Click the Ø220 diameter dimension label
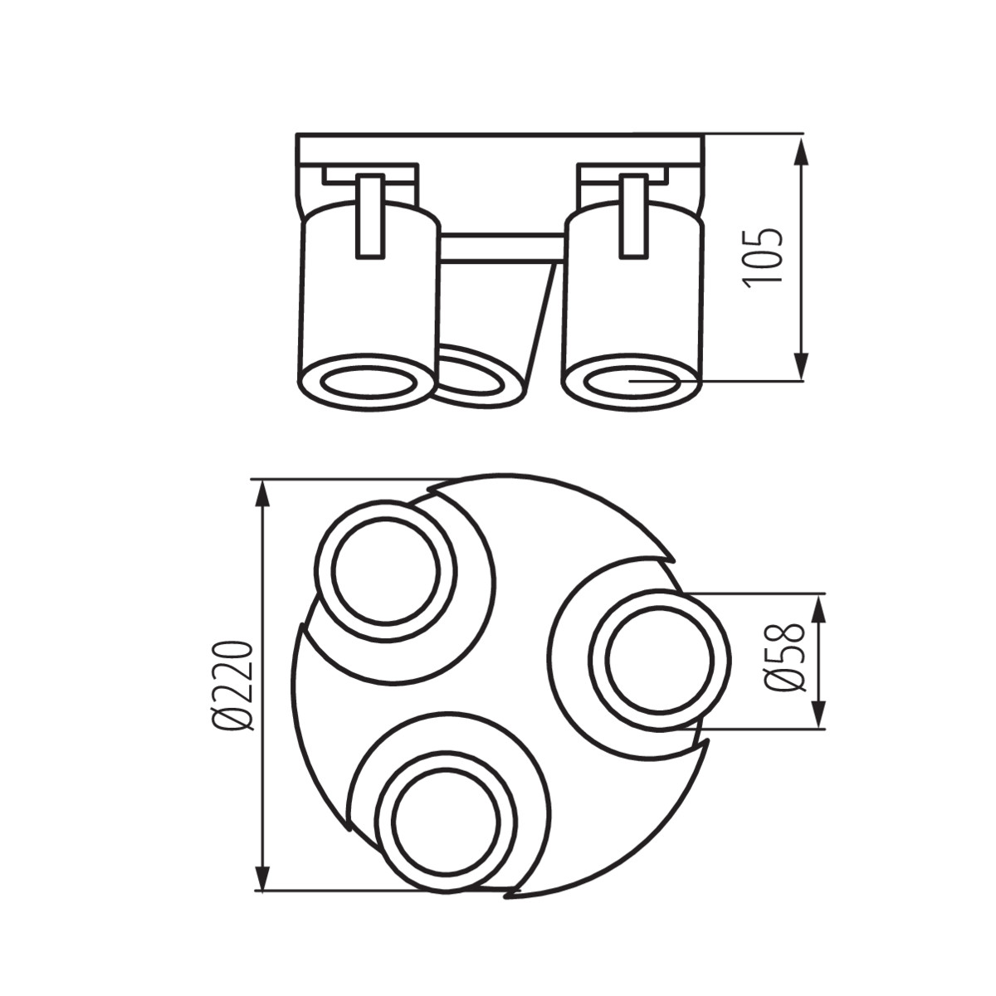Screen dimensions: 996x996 (x=232, y=686)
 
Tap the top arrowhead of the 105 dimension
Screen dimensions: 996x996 (x=801, y=149)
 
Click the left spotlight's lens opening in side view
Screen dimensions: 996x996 (x=368, y=383)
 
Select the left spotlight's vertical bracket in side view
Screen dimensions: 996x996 (x=369, y=216)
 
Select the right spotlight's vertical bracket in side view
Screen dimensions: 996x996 (x=633, y=216)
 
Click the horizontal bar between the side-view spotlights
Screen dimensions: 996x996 (x=502, y=247)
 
